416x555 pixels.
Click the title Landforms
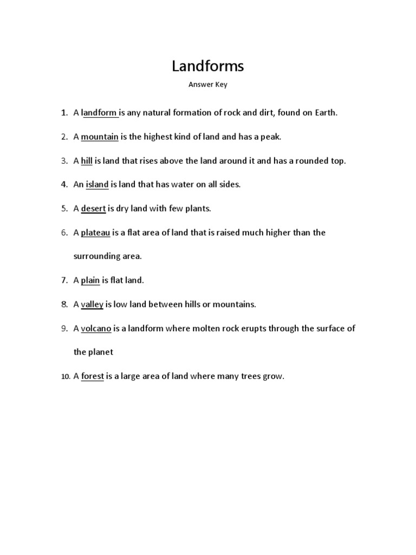tap(208, 66)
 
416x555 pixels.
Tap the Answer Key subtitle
tap(208, 85)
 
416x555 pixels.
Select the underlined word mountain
tap(100, 137)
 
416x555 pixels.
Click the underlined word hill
tap(87, 161)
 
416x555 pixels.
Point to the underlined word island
tap(97, 185)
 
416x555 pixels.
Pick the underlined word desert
tap(93, 209)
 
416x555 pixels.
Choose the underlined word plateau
tap(95, 233)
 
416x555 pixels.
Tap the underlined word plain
tap(90, 281)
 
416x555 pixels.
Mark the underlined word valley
tap(92, 305)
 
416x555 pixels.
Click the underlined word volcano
tap(96, 328)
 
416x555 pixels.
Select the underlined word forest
tap(93, 376)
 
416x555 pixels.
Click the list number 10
tap(65, 377)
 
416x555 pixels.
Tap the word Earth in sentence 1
tap(324, 113)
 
